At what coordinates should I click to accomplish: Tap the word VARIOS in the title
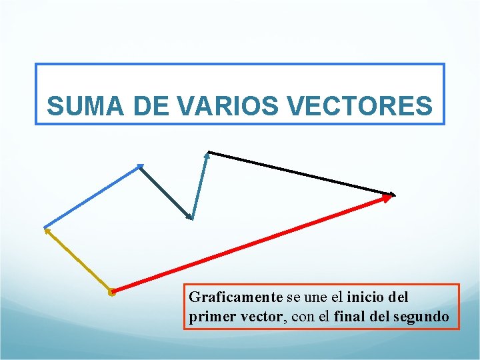click(215, 106)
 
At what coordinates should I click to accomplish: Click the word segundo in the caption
click(423, 316)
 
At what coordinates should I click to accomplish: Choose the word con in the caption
click(304, 316)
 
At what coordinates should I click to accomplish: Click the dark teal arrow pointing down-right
click(166, 192)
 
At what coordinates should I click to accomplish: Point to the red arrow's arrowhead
click(386, 197)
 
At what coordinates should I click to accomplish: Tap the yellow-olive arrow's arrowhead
click(47, 231)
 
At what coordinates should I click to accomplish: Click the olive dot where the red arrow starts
click(112, 291)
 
